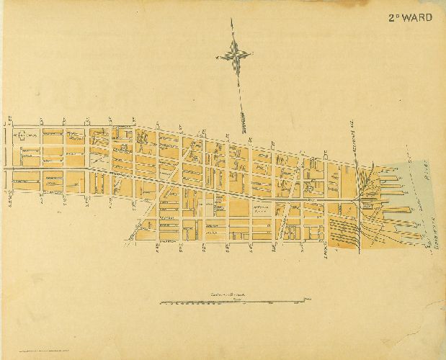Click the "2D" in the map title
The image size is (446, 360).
click(396, 16)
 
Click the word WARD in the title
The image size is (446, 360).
click(419, 16)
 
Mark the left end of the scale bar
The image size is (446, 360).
click(159, 302)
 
